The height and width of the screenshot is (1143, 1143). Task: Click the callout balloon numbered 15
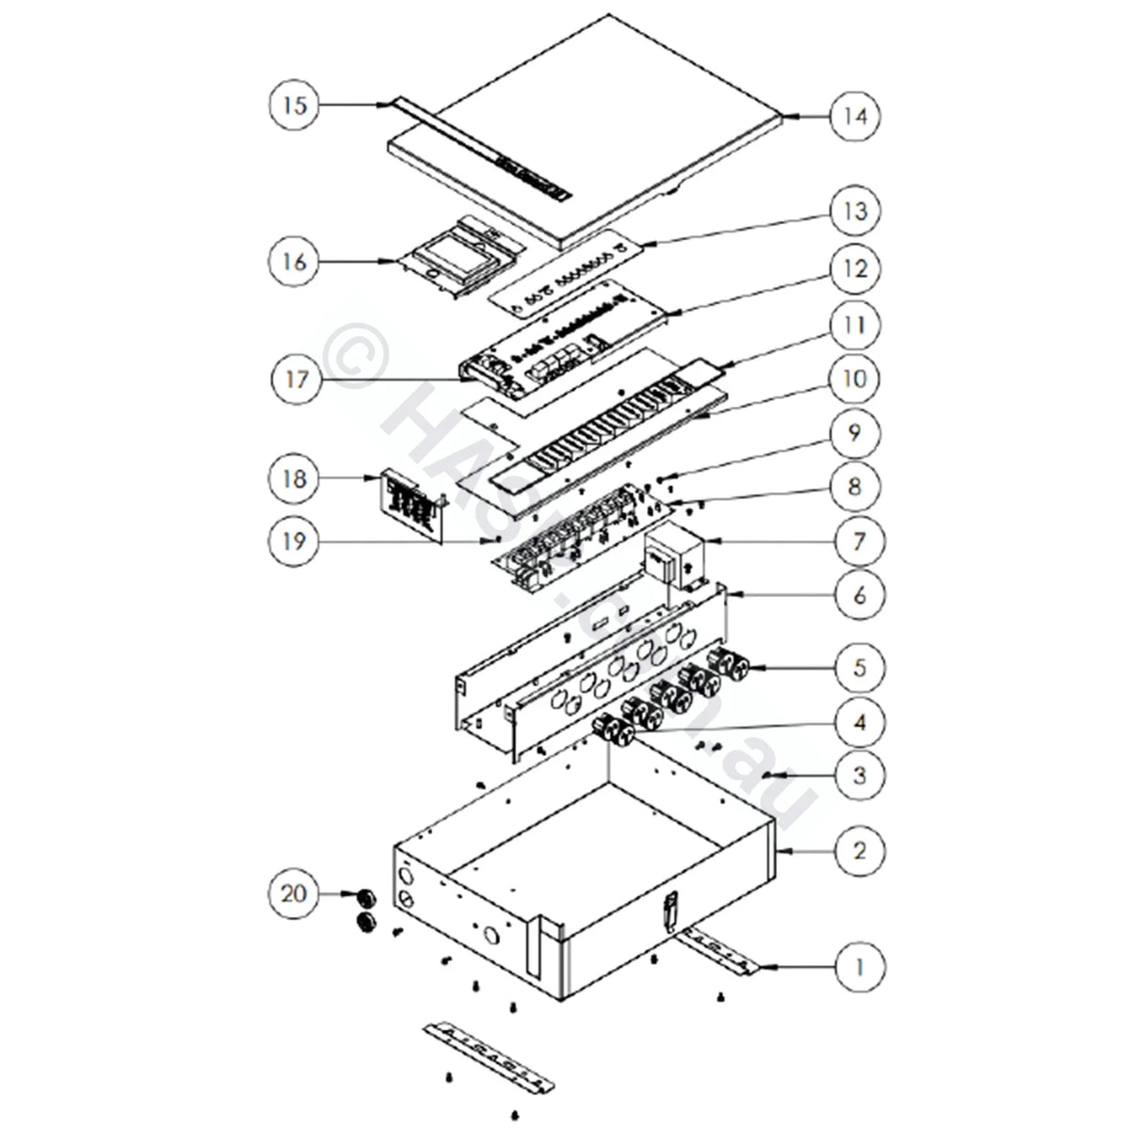(x=295, y=105)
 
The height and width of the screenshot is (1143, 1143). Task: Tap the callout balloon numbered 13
(x=855, y=211)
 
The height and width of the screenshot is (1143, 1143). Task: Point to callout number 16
(x=295, y=262)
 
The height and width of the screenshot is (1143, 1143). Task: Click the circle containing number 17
(x=295, y=380)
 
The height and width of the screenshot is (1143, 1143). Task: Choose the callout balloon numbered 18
(x=295, y=479)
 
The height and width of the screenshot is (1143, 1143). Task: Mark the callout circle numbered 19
(x=295, y=542)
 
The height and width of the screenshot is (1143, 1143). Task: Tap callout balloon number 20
(x=295, y=892)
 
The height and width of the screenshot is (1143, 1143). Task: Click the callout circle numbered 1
(x=855, y=966)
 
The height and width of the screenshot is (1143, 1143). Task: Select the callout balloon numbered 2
(x=855, y=851)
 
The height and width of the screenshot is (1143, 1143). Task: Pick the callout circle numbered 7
(x=855, y=542)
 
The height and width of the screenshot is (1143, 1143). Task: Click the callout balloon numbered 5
(x=855, y=668)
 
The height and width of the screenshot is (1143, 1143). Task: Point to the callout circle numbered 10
(x=855, y=380)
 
